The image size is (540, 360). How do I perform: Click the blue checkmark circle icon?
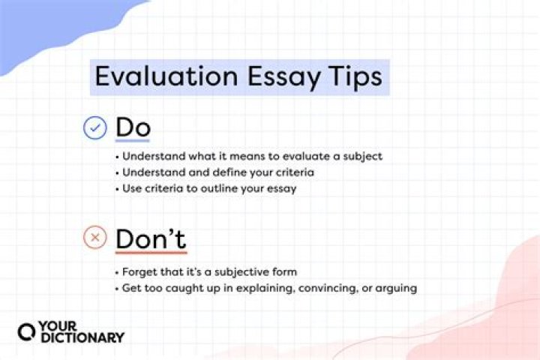94,128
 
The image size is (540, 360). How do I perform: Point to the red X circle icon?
94,238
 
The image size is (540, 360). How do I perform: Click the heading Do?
133,128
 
